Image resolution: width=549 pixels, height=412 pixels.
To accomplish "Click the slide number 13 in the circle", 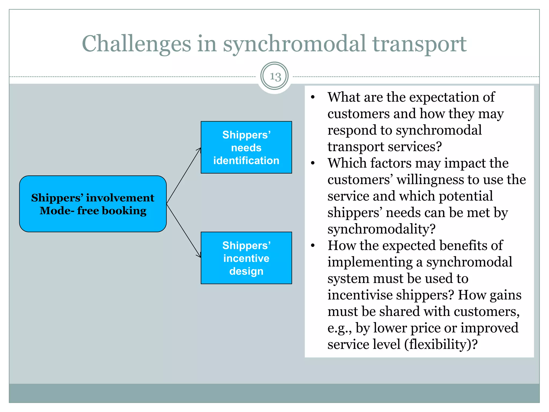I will (x=275, y=77).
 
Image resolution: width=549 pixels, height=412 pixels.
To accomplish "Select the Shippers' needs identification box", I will (x=246, y=147).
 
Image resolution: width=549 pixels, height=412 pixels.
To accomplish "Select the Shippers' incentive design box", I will (x=246, y=258).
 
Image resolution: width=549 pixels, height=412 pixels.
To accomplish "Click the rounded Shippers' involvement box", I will (x=93, y=204).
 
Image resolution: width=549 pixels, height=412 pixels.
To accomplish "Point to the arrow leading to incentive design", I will (x=184, y=231).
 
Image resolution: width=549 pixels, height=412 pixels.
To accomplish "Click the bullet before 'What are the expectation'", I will (x=313, y=97).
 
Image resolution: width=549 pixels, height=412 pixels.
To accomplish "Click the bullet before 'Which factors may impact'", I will (x=313, y=163).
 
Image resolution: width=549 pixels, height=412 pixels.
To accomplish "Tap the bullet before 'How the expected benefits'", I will (x=313, y=246).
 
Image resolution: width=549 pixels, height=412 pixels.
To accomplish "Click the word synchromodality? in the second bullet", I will (x=381, y=229).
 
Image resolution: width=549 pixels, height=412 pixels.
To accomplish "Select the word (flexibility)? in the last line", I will (x=441, y=344).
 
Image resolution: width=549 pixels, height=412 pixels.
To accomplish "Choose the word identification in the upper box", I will (x=246, y=160).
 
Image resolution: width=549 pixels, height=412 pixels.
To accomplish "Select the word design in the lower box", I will (x=246, y=271).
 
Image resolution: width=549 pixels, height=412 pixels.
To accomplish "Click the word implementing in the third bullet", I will (x=370, y=262).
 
